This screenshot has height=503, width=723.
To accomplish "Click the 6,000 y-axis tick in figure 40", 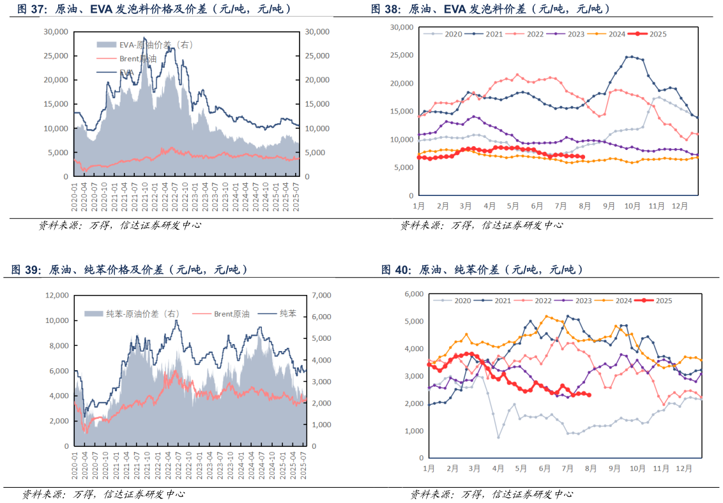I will [x=415, y=294].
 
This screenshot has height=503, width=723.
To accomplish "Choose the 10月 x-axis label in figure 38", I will [x=632, y=207].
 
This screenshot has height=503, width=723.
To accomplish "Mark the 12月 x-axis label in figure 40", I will [x=683, y=469].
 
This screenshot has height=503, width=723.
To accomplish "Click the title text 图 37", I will [x=30, y=9].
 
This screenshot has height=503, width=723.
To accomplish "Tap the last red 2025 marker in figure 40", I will [x=589, y=395].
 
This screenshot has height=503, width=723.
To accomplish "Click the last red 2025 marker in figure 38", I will [x=582, y=156].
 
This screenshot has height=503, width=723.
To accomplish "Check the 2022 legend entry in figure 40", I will [x=544, y=300].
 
